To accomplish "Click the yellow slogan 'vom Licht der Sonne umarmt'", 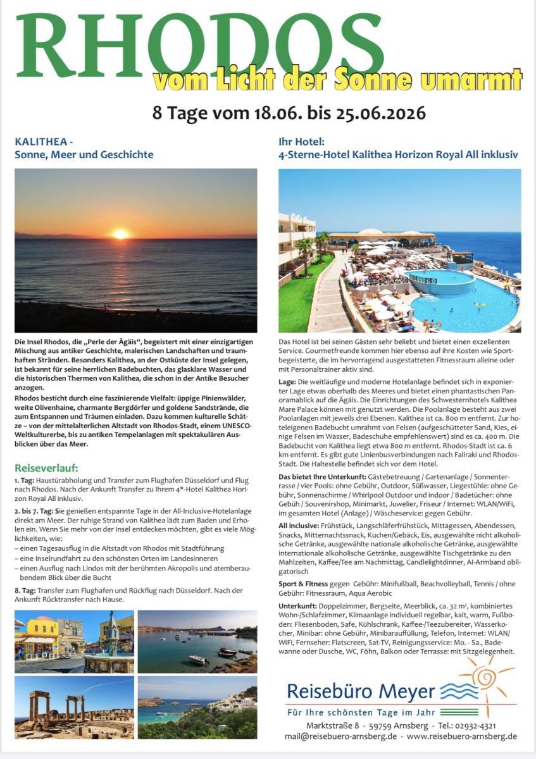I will (337, 80).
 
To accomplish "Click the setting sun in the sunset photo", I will (120, 234).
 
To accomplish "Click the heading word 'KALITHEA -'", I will (37, 142).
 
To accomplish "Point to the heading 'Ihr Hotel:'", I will (302, 142).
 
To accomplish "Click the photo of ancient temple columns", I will (74, 707).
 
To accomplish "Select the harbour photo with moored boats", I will (197, 641).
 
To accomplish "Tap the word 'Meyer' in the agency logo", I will (409, 691).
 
